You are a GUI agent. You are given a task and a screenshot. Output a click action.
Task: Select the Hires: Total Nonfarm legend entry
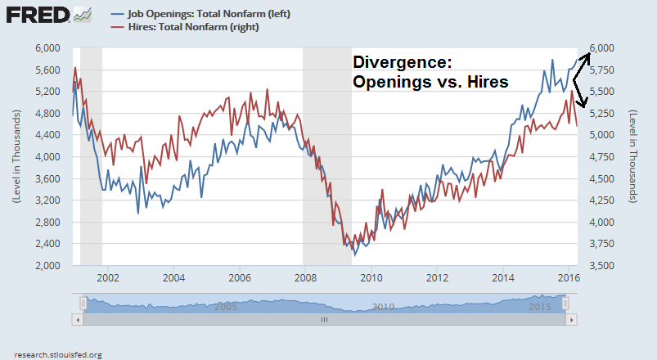(x=192, y=27)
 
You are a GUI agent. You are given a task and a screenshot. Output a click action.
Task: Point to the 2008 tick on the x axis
(x=304, y=277)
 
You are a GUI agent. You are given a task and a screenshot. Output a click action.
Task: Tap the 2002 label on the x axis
(x=109, y=277)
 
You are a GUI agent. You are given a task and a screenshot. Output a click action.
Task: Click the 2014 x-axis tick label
(x=502, y=277)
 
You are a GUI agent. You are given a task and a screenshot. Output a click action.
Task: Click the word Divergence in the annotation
(x=401, y=63)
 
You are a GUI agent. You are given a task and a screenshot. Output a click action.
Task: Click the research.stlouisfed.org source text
(x=53, y=354)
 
